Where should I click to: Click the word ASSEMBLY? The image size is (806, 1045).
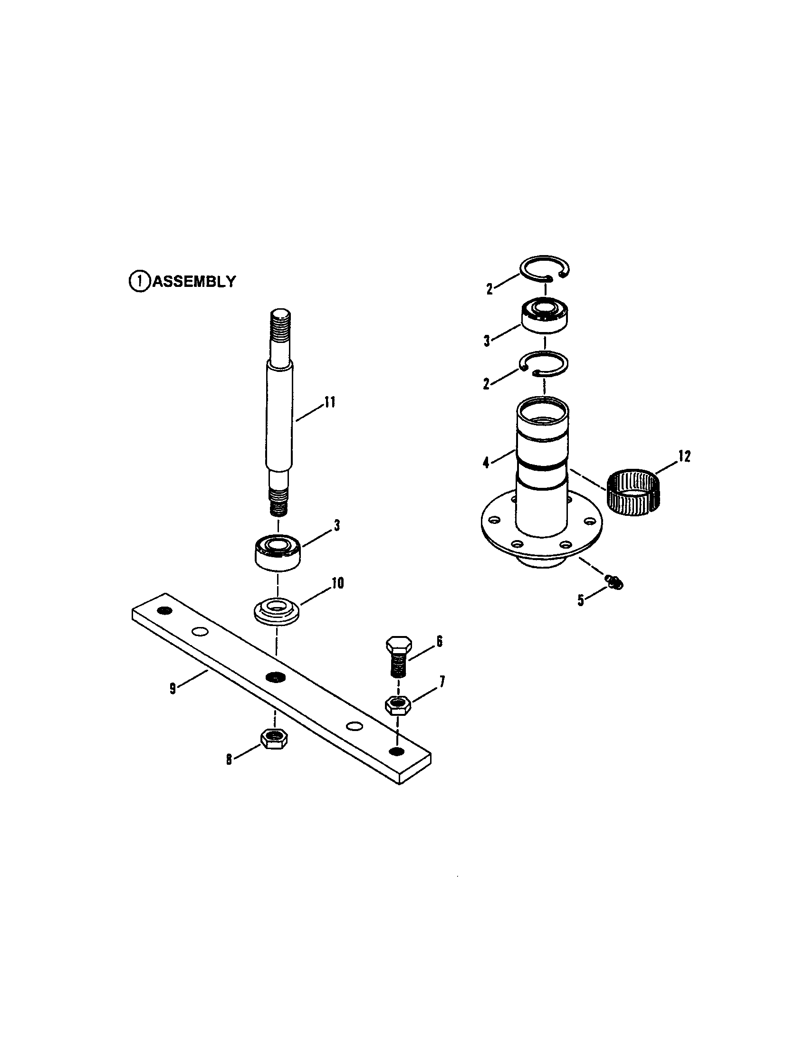coord(194,281)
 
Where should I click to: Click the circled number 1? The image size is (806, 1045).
coord(139,281)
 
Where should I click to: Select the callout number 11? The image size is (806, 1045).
coord(329,402)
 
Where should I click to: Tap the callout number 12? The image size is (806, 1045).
coord(684,456)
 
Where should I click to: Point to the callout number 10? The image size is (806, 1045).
coord(337,583)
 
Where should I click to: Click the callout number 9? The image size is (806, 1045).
coord(173,689)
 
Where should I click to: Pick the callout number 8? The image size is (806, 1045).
coord(229,760)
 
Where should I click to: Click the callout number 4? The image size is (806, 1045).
coord(486,463)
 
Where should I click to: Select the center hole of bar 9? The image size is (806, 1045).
coord(275,676)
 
